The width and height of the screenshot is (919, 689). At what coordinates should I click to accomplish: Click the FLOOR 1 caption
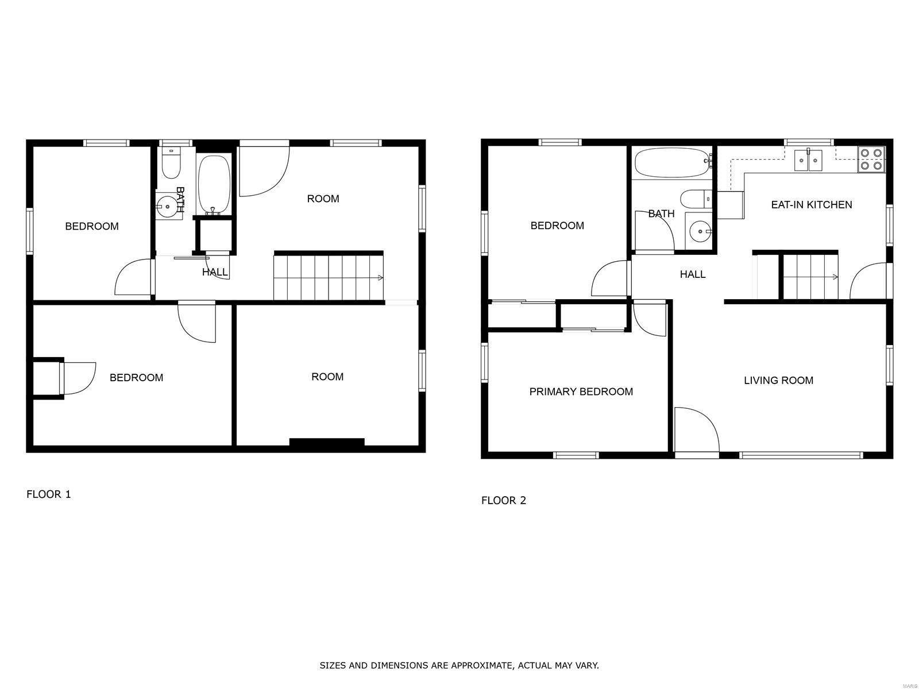click(49, 494)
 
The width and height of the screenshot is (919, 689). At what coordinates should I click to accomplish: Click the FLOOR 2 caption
click(503, 500)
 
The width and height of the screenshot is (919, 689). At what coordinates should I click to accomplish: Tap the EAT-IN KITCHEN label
click(812, 204)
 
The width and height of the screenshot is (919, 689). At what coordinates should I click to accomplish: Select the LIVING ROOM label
click(778, 380)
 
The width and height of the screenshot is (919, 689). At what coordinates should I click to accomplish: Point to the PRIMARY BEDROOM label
click(581, 392)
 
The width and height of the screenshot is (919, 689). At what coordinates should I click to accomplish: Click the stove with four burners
click(871, 159)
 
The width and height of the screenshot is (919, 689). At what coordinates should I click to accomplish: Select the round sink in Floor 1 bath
click(167, 206)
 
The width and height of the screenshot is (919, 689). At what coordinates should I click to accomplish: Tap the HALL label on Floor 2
click(693, 274)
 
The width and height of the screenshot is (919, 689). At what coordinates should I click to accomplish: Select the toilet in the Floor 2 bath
click(696, 199)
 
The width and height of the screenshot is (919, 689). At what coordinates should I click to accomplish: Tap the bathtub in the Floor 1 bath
click(214, 184)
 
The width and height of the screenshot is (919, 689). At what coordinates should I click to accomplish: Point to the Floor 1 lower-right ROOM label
click(327, 377)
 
